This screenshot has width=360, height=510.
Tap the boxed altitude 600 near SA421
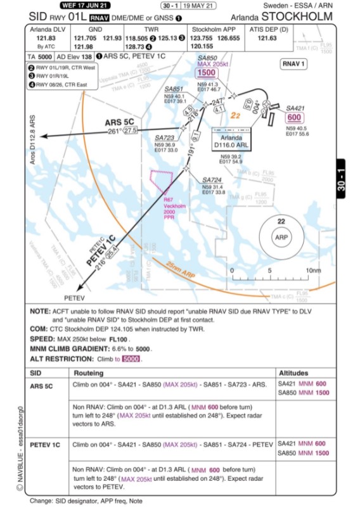[x=294, y=117]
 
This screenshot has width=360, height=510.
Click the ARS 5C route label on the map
[x=119, y=122]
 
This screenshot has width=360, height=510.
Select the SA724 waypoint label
[x=212, y=180]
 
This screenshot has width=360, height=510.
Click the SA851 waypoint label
[x=174, y=89]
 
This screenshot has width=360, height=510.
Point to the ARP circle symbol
[x=281, y=238]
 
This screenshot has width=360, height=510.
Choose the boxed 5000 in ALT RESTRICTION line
[x=131, y=359]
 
